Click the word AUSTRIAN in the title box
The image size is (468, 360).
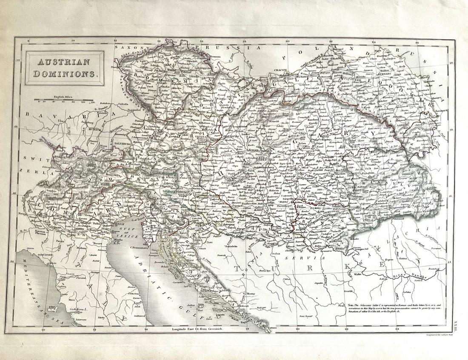(63, 62)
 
